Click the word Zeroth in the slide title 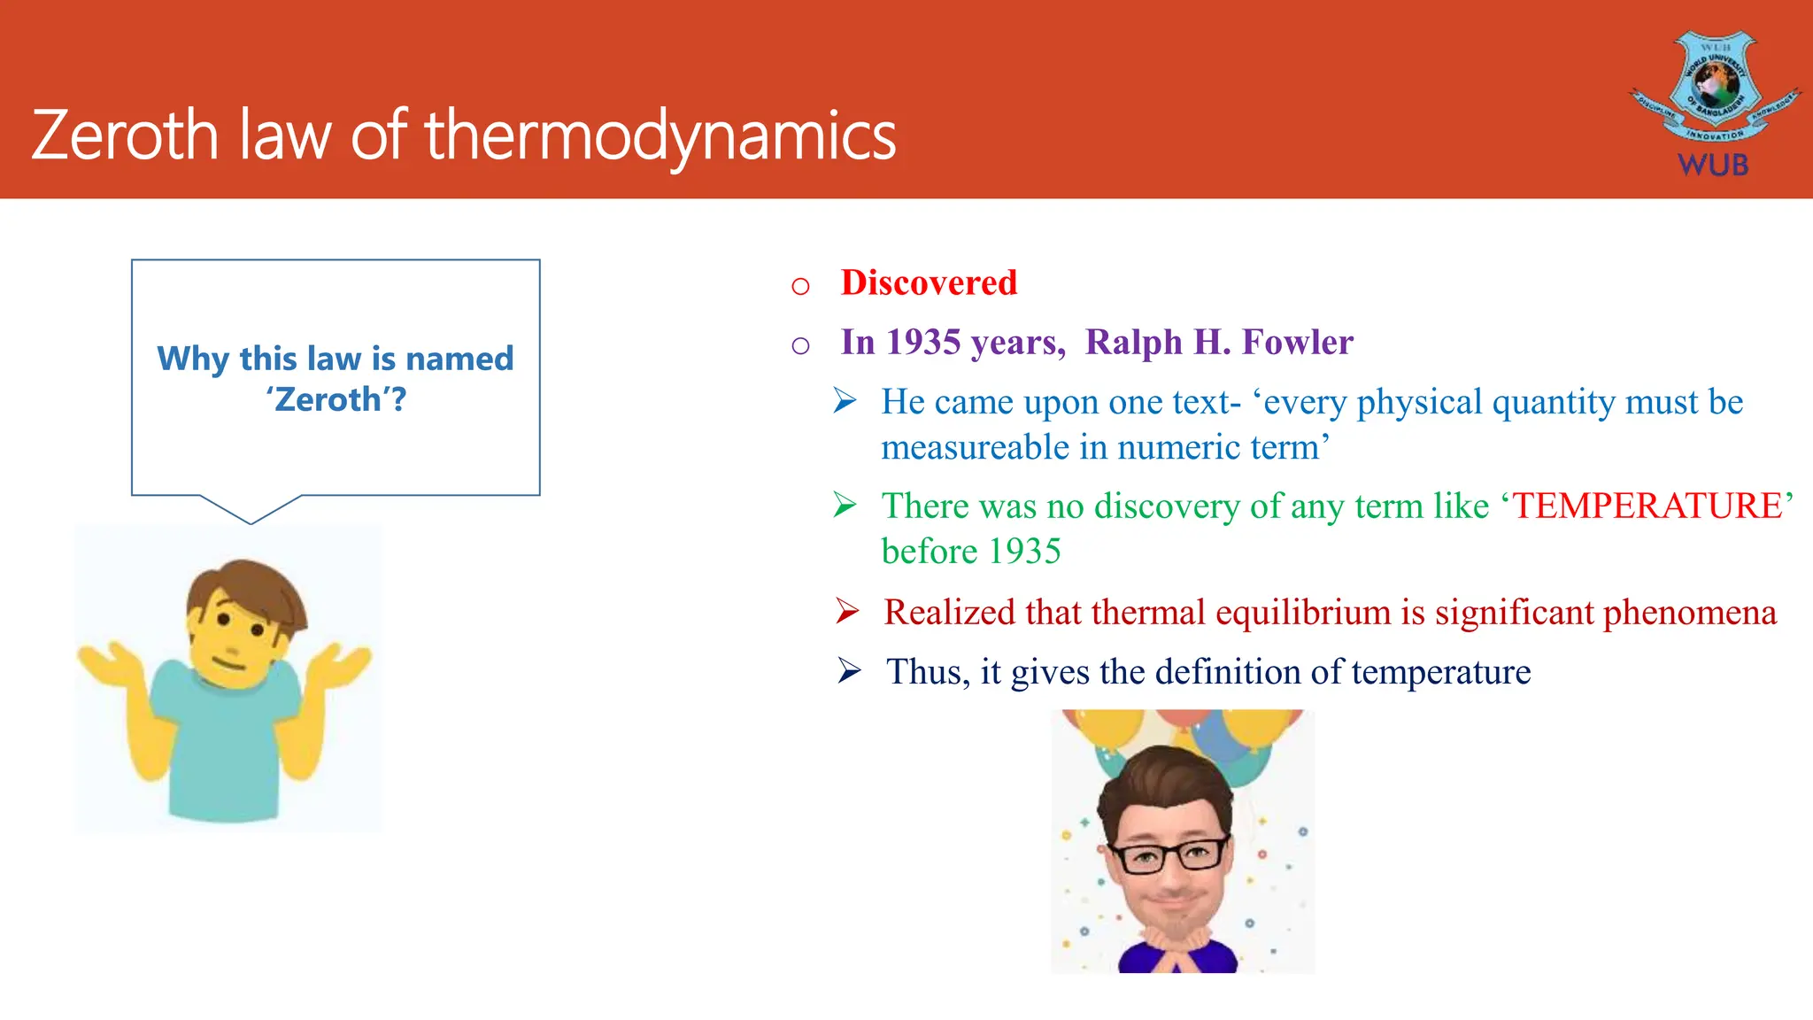[x=124, y=135]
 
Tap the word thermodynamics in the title [x=660, y=135]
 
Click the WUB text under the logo [x=1713, y=166]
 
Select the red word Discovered [x=929, y=283]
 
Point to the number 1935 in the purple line [x=923, y=343]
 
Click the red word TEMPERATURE [x=1647, y=506]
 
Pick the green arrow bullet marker [x=845, y=506]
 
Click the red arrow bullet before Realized [x=847, y=611]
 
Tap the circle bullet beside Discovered [x=800, y=286]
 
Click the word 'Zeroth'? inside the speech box [x=336, y=400]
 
